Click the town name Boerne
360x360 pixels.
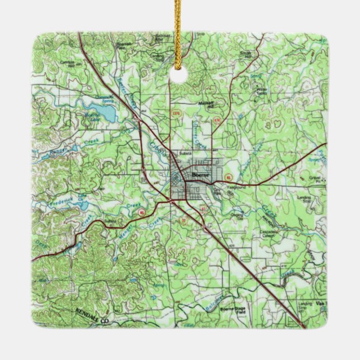200,175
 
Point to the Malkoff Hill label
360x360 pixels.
207,105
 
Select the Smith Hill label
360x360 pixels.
245,54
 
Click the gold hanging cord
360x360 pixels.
179,28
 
